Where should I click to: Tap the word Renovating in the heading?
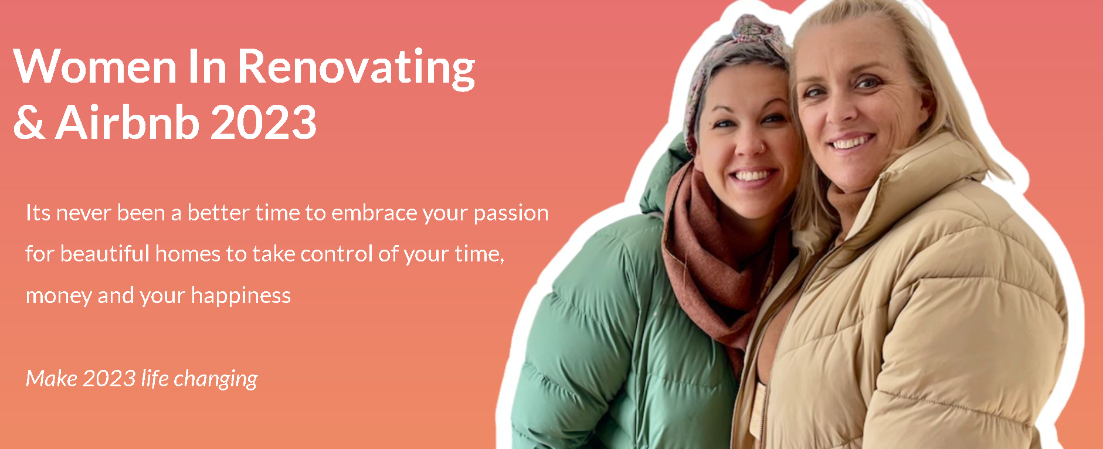pyautogui.click(x=356, y=69)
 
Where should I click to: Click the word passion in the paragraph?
pyautogui.click(x=511, y=214)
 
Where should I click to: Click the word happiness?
pyautogui.click(x=240, y=296)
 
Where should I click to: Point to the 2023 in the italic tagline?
pyautogui.click(x=109, y=378)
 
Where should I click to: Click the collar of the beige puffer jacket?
pyautogui.click(x=915, y=170)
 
